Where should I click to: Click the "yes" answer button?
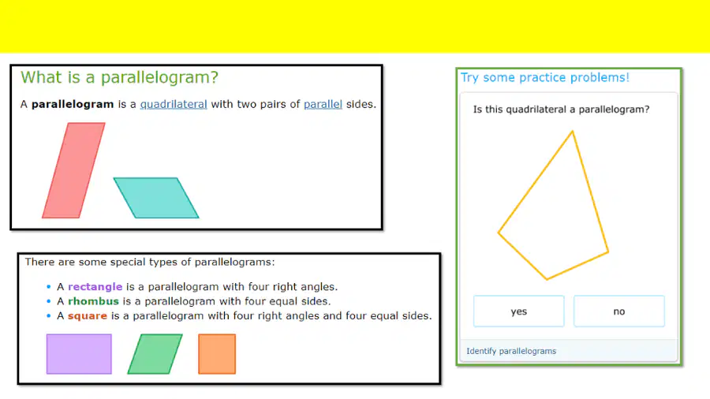pyautogui.click(x=518, y=311)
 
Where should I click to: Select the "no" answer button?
pyautogui.click(x=619, y=311)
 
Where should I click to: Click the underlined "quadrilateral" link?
pyautogui.click(x=174, y=105)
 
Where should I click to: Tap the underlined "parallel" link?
pyautogui.click(x=323, y=105)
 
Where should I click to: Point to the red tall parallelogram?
pyautogui.click(x=73, y=170)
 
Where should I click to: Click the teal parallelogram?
pyautogui.click(x=155, y=198)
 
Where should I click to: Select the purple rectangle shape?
pyautogui.click(x=79, y=354)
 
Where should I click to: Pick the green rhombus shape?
pyautogui.click(x=155, y=354)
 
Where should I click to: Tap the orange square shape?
pyautogui.click(x=217, y=354)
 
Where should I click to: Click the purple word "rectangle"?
pyautogui.click(x=95, y=287)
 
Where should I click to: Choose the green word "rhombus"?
pyautogui.click(x=93, y=301)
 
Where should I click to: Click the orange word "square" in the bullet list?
pyautogui.click(x=88, y=315)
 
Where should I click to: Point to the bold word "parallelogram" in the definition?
pyautogui.click(x=73, y=105)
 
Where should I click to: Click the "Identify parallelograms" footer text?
pyautogui.click(x=511, y=351)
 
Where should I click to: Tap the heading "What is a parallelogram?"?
pyautogui.click(x=120, y=77)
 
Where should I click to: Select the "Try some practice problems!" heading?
pyautogui.click(x=544, y=77)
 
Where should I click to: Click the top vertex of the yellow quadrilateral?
pyautogui.click(x=573, y=132)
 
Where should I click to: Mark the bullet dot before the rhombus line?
pyautogui.click(x=48, y=301)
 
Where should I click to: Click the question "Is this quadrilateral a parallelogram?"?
pyautogui.click(x=561, y=110)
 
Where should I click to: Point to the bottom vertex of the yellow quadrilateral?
pyautogui.click(x=547, y=279)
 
